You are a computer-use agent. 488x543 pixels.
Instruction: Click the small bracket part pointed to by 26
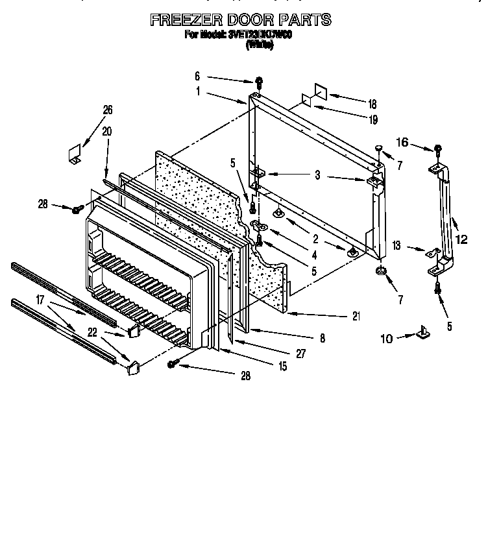75,153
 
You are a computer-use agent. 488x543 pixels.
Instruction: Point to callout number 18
372,104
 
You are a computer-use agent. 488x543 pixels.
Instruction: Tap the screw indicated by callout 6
259,82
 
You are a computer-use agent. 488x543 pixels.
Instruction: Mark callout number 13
397,247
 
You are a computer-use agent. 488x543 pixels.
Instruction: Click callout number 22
93,333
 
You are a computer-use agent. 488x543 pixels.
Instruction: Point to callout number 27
300,354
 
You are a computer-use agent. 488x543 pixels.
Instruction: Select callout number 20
106,130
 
